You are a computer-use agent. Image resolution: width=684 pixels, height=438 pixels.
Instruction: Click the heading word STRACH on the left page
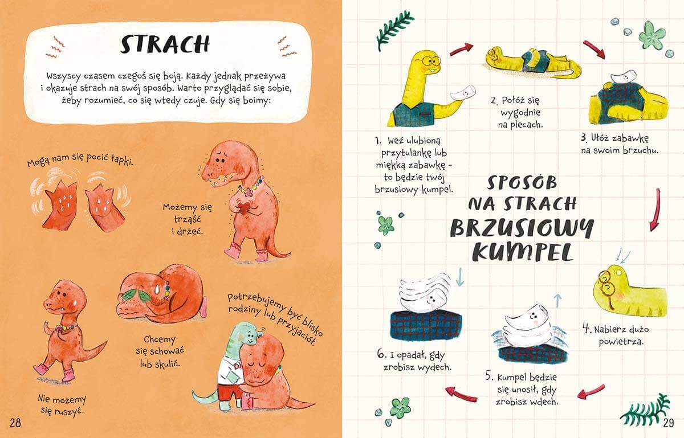(x=165, y=44)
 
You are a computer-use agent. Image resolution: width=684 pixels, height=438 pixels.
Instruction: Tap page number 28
(x=15, y=423)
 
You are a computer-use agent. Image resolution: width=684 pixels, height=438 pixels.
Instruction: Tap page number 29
(x=669, y=423)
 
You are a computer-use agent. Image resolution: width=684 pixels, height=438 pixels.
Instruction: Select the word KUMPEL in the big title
(x=522, y=253)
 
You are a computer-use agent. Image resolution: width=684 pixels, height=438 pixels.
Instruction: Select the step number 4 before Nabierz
(x=587, y=328)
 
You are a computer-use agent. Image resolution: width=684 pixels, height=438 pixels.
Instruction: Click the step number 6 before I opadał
(x=381, y=354)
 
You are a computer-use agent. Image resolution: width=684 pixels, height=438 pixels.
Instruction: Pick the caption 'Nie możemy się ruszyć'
(x=62, y=405)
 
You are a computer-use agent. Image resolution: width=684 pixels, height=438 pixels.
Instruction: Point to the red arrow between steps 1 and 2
(x=461, y=50)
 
